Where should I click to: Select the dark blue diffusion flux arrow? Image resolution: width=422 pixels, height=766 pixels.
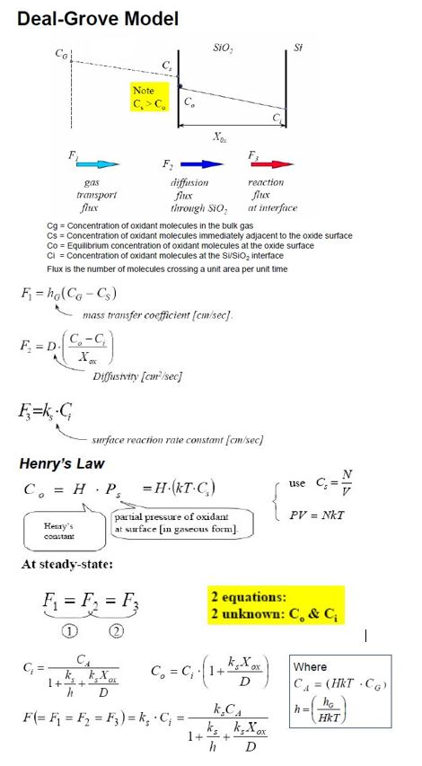tap(200, 164)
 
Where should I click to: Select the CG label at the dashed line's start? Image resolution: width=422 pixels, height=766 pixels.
tap(61, 55)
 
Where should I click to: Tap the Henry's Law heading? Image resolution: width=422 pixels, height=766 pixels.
tap(60, 464)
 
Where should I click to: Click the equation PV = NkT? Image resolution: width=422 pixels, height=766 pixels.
tap(326, 514)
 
